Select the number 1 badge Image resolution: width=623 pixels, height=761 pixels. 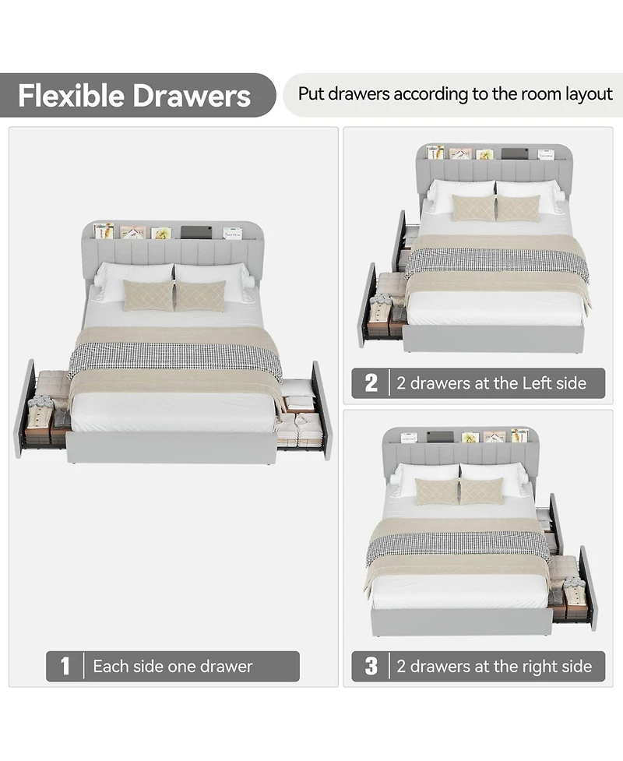click(65, 666)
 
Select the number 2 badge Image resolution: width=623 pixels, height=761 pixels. click(371, 382)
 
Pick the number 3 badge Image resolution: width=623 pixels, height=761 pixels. click(371, 666)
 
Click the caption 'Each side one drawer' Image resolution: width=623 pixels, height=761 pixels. click(172, 666)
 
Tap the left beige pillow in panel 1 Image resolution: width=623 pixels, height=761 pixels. click(148, 295)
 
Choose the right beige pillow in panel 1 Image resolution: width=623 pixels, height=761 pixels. click(200, 296)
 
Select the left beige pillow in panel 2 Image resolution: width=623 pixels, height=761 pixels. click(473, 208)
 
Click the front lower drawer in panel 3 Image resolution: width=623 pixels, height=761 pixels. click(573, 588)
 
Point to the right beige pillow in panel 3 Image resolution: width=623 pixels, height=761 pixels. click(481, 491)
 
